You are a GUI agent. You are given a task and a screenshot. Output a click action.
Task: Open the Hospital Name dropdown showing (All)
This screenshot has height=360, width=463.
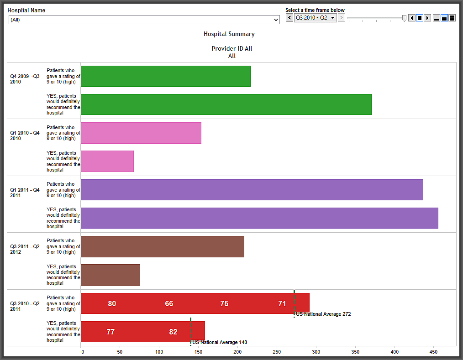click(144, 20)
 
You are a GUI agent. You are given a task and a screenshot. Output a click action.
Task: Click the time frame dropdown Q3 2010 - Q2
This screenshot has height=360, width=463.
click(315, 18)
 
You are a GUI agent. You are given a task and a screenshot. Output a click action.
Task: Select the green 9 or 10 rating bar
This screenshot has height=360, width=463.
click(165, 76)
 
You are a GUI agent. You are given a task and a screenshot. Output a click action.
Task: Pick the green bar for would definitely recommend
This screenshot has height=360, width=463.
click(226, 104)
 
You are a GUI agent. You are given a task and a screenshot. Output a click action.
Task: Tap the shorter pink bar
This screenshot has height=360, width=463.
click(107, 161)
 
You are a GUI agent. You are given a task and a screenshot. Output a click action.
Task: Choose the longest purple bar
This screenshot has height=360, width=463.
click(259, 218)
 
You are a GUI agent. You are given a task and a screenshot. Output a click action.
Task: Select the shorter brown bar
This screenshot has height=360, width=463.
click(110, 275)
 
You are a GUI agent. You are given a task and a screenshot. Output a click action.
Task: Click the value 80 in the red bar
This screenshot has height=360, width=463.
click(112, 303)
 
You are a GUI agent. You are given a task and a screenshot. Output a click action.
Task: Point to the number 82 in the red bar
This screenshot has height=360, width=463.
click(173, 332)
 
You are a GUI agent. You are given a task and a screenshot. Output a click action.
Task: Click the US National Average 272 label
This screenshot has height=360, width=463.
click(323, 314)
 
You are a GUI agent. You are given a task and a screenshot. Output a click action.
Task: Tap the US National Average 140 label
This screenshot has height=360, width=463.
click(220, 342)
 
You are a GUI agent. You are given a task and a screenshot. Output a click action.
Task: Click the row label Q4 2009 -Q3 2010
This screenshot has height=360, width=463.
click(25, 79)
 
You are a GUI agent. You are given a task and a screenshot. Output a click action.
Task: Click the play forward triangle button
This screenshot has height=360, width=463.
click(427, 18)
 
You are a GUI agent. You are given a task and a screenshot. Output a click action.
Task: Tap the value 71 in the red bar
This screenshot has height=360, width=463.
click(282, 303)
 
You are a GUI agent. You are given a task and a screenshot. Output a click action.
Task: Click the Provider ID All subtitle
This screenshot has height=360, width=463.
click(232, 48)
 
